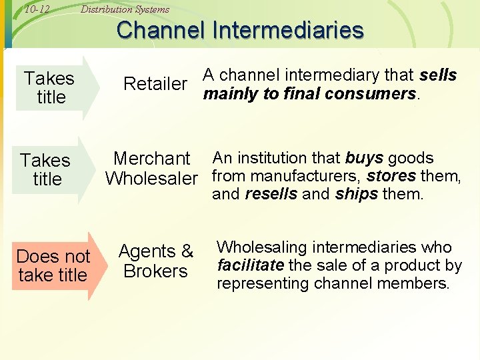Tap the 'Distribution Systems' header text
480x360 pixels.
tap(125, 9)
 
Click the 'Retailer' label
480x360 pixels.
tap(155, 84)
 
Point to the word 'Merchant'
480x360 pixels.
tap(151, 159)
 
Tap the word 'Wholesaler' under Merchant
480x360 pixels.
tap(151, 179)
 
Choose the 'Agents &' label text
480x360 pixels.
tap(155, 252)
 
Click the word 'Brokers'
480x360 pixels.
tap(155, 271)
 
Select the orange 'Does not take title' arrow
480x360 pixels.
tap(55, 265)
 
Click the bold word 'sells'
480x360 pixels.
tap(439, 75)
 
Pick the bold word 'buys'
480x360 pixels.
tap(365, 159)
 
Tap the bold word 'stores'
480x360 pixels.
tap(391, 177)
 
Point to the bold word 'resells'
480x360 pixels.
tap(271, 195)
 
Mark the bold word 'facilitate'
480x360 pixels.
tap(251, 265)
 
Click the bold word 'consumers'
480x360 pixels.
tap(379, 94)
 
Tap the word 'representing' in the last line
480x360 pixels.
tap(260, 283)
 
